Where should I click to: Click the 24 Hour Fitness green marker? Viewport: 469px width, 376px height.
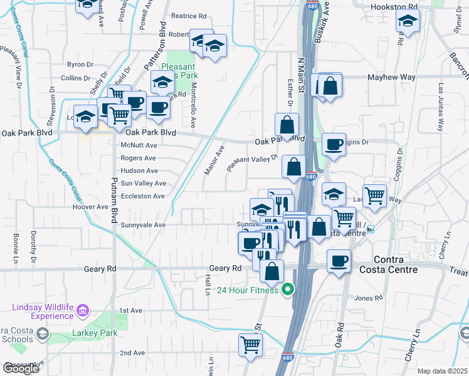(288, 290)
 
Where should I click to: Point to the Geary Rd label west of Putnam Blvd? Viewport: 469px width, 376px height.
(100, 268)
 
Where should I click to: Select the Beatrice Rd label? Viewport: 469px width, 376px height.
(189, 16)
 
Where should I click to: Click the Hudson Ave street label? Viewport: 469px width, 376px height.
(139, 170)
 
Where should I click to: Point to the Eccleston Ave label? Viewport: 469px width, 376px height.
(143, 196)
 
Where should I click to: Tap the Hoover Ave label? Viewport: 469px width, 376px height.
(90, 207)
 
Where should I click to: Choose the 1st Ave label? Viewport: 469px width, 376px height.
(132, 311)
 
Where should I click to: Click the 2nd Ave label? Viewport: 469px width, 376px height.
(133, 353)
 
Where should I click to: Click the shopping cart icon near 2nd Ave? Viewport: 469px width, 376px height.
(250, 344)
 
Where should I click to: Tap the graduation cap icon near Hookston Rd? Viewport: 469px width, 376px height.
(408, 22)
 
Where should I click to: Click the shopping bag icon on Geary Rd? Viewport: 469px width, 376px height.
(271, 271)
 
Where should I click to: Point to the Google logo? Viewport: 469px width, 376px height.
(21, 368)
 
